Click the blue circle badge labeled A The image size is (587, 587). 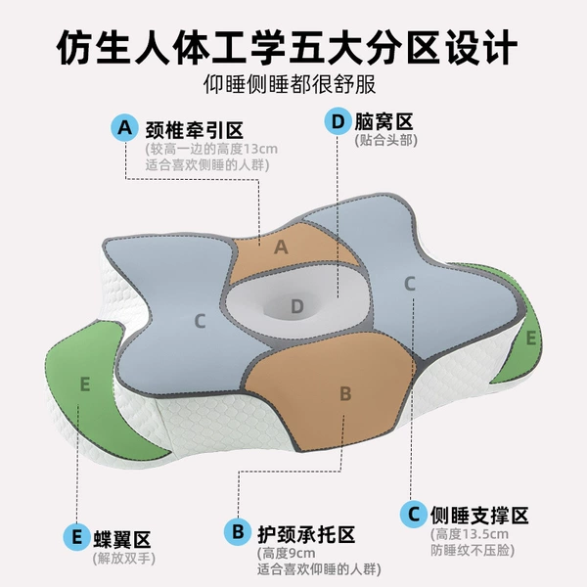pyautogui.click(x=124, y=127)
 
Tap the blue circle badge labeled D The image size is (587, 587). pyautogui.click(x=338, y=121)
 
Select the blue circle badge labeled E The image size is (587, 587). pyautogui.click(x=76, y=537)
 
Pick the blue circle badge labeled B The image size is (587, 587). pyautogui.click(x=238, y=532)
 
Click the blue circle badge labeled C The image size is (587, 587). pyautogui.click(x=414, y=514)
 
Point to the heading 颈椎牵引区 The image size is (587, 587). pyautogui.click(x=195, y=130)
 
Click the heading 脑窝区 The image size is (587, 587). pyautogui.click(x=384, y=121)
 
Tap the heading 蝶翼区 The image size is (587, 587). pyautogui.click(x=122, y=539)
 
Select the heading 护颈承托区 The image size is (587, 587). pyautogui.click(x=306, y=534)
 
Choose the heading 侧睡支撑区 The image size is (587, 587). pyautogui.click(x=479, y=516)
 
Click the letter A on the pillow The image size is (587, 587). pyautogui.click(x=281, y=248)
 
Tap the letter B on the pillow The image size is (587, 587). pyautogui.click(x=345, y=393)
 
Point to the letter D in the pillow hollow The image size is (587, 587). pyautogui.click(x=296, y=306)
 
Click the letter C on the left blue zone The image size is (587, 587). pyautogui.click(x=200, y=321)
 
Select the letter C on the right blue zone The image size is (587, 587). pyautogui.click(x=410, y=284)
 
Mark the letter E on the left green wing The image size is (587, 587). pyautogui.click(x=85, y=384)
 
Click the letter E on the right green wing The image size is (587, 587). pyautogui.click(x=531, y=339)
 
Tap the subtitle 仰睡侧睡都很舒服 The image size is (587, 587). pyautogui.click(x=290, y=84)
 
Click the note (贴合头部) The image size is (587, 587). pyautogui.click(x=385, y=140)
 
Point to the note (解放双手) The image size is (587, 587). pyautogui.click(x=123, y=559)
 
